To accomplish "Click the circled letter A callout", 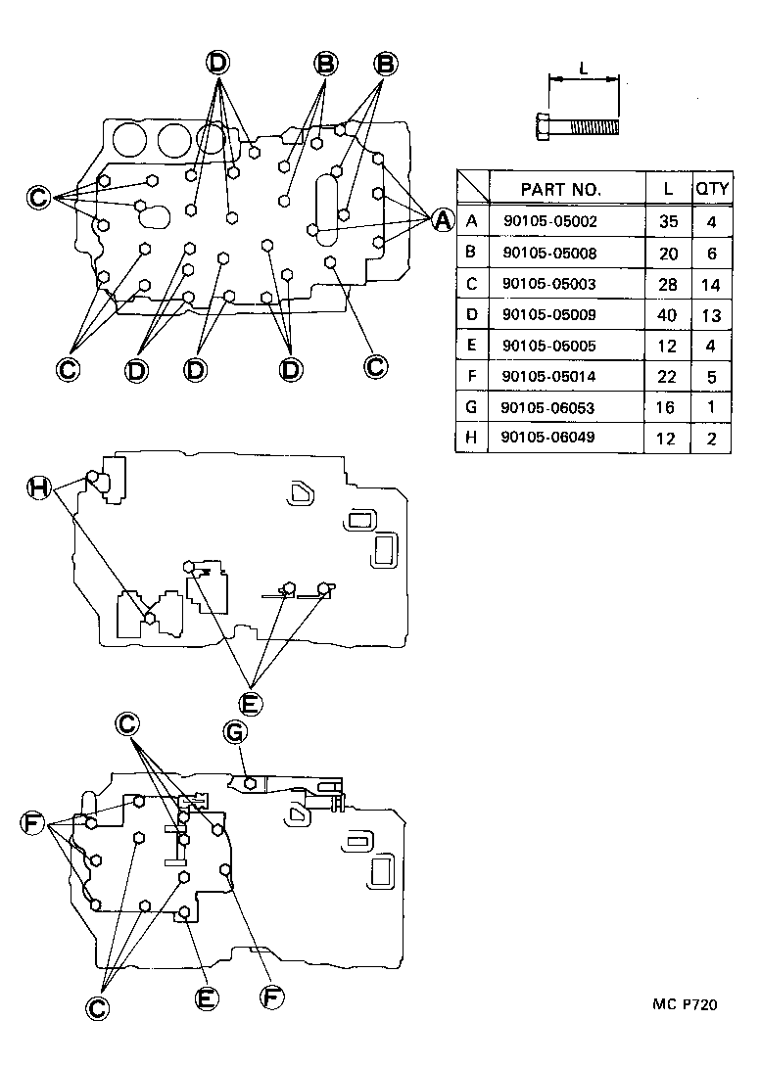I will [x=443, y=220].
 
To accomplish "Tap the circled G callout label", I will [x=235, y=731].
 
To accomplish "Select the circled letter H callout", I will [x=39, y=487].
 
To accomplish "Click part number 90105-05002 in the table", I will [x=549, y=221].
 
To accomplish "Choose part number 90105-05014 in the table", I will [x=549, y=376].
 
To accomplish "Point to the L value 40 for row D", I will [x=667, y=314].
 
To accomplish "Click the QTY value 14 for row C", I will [x=710, y=284].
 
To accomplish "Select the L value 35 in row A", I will [x=668, y=221].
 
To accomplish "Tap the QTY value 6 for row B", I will [x=710, y=253].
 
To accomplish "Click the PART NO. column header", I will [x=560, y=189].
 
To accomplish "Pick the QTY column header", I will [x=709, y=189].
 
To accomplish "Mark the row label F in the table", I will [x=472, y=376].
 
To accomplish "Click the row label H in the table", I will [x=472, y=438].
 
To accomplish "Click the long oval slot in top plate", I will [x=326, y=206].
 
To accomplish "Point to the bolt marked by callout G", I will [x=252, y=783].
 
